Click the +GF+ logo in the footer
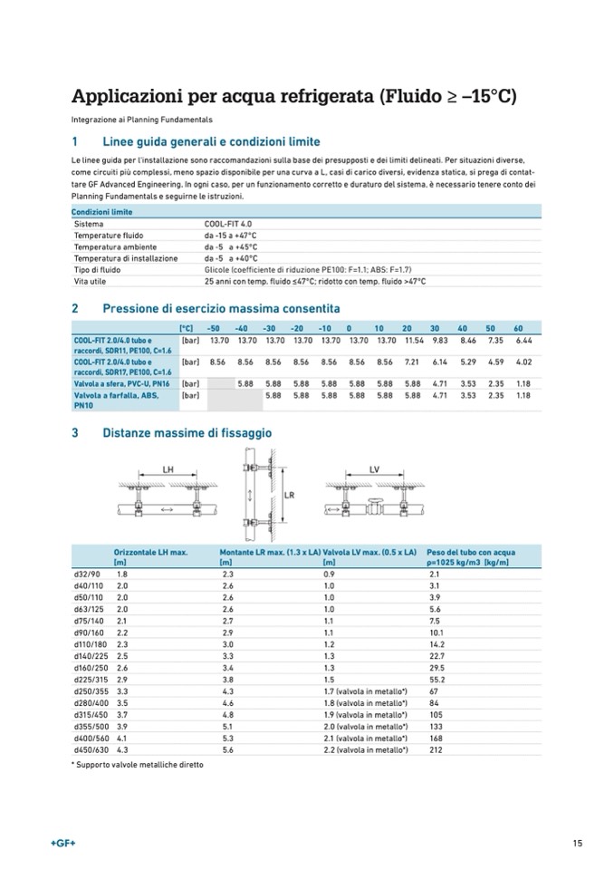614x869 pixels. click(x=63, y=845)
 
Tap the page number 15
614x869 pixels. click(x=577, y=845)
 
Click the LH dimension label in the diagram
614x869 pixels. click(x=167, y=469)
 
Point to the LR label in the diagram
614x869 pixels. click(x=290, y=496)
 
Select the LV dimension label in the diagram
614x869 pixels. click(x=374, y=469)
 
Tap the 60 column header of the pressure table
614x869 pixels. click(x=519, y=328)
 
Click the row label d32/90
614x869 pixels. click(x=86, y=575)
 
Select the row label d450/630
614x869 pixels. click(x=89, y=749)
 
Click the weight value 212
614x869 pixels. click(x=435, y=749)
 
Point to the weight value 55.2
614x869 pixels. click(x=436, y=679)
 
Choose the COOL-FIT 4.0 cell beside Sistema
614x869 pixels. click(x=229, y=223)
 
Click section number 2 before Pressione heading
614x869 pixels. click(x=74, y=307)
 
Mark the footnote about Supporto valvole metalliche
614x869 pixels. click(x=137, y=765)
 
